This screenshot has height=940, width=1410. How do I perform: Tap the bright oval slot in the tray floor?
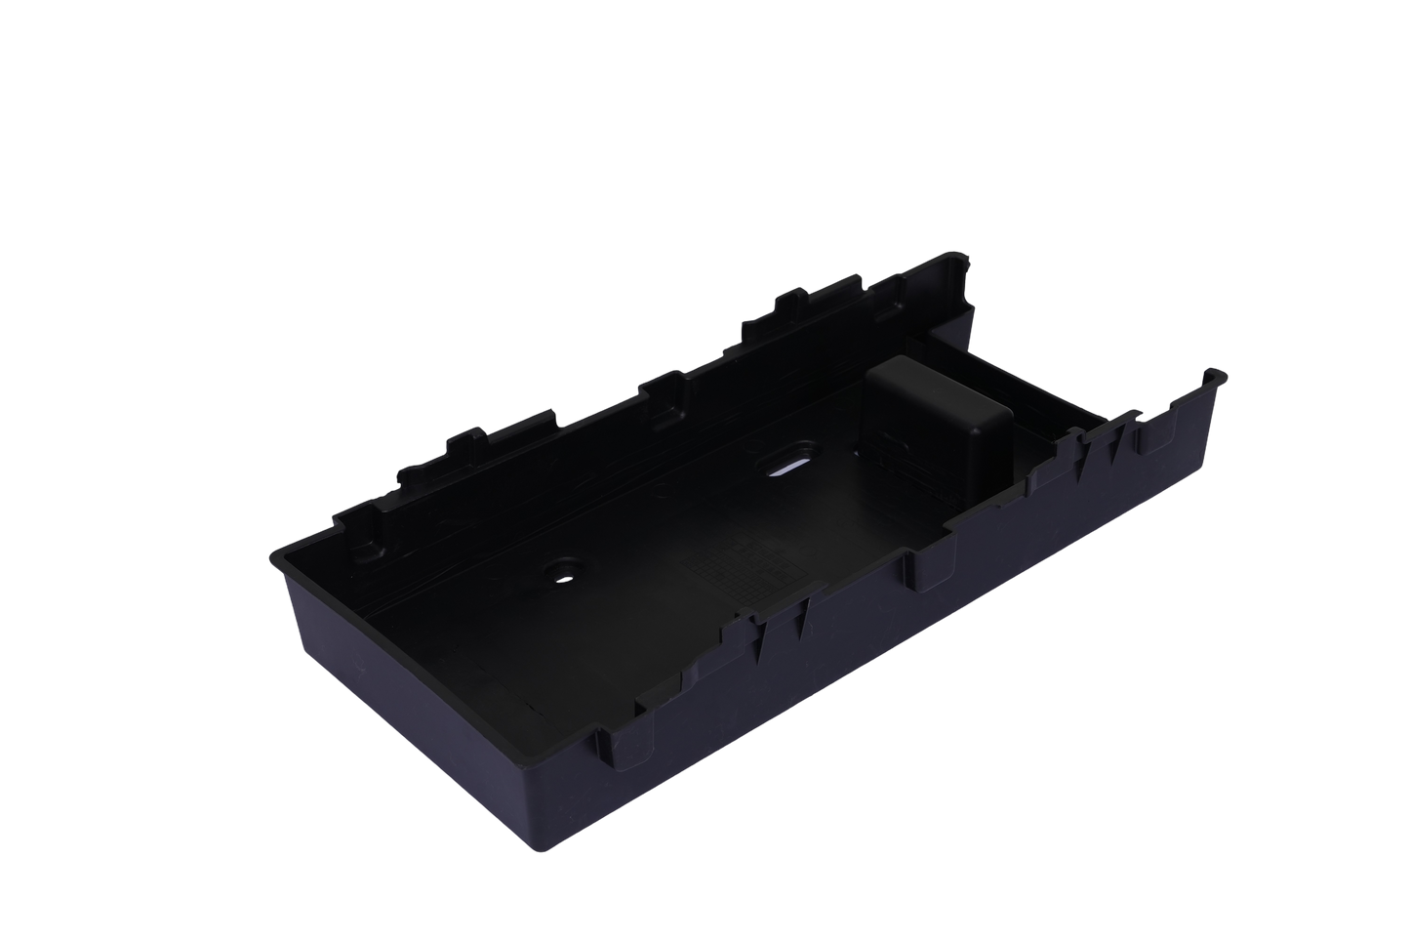pyautogui.click(x=791, y=467)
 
